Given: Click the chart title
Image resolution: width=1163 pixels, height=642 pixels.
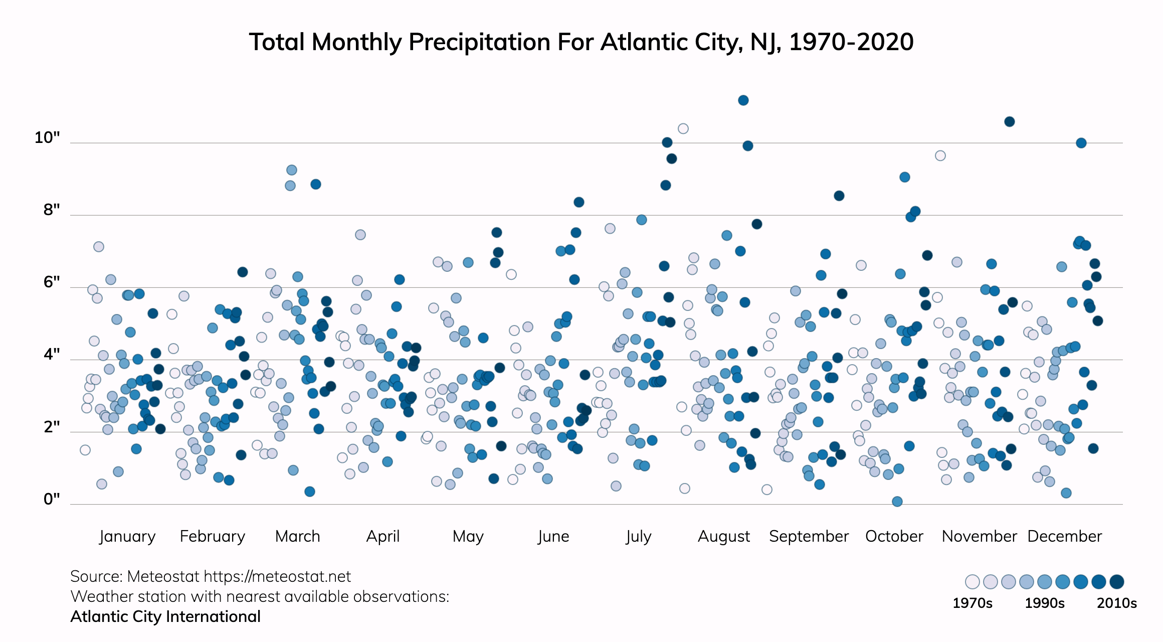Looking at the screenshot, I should click(581, 42).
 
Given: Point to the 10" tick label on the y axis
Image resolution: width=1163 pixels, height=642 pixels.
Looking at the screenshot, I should click(47, 137).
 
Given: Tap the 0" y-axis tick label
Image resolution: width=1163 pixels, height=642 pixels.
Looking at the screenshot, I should click(52, 499).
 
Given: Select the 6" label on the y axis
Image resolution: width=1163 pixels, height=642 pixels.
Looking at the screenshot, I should click(52, 282).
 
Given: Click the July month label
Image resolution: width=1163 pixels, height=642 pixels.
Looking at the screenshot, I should click(638, 536).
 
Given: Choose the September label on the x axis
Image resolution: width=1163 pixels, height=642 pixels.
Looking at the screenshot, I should click(809, 536).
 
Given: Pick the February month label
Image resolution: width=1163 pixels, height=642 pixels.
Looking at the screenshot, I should click(213, 536).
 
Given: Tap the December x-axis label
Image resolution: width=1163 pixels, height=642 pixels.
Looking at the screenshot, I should click(1064, 536).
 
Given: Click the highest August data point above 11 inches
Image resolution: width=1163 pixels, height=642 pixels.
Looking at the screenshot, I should click(743, 100).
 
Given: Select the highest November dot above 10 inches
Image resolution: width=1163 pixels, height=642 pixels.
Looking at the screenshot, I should click(1010, 121).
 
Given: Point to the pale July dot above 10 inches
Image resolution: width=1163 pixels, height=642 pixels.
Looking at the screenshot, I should click(683, 128).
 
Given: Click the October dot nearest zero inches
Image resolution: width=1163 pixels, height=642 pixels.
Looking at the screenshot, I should click(897, 501).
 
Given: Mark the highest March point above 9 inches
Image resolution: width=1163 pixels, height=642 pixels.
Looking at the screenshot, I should click(292, 170).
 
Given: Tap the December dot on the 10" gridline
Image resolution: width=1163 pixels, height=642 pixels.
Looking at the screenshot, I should click(1081, 143).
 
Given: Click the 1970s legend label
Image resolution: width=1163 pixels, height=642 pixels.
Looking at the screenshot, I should click(972, 603).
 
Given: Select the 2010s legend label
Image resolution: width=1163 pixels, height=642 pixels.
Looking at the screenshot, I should click(1116, 603).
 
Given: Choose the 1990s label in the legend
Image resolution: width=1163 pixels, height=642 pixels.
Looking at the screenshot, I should click(1044, 603).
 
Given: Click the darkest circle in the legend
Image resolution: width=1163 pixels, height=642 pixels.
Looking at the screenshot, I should click(1117, 582).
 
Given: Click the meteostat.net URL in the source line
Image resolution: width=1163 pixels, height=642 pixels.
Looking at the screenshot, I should click(277, 576).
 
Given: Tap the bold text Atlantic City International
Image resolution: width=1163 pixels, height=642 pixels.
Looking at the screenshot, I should click(165, 616).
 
